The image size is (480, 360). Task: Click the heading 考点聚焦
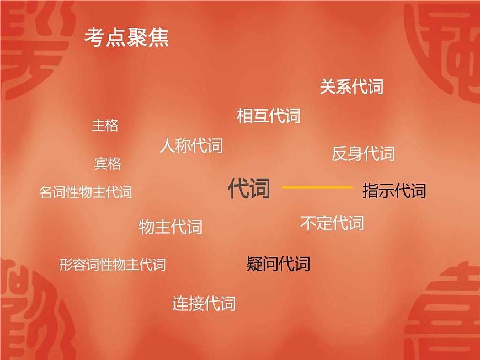[x=126, y=37]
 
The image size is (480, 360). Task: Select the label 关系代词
[x=351, y=87]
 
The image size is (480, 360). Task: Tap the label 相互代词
[x=269, y=116]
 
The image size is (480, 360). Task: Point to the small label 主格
[x=105, y=126]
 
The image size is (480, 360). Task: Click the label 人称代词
[x=191, y=146]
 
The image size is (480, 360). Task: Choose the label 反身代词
[x=363, y=153]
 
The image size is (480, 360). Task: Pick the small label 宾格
[x=108, y=164]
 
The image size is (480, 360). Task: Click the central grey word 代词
[x=249, y=189]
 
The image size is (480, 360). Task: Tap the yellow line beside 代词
[x=317, y=188]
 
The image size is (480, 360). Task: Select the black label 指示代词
[x=394, y=191]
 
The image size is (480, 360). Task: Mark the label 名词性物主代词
[x=86, y=192]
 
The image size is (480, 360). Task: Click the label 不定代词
[x=332, y=223]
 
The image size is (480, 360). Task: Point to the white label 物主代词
[x=170, y=227]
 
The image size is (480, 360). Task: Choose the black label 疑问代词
[x=278, y=264]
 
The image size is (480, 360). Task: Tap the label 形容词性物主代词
[x=112, y=265]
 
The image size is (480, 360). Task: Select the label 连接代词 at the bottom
[x=204, y=303]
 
